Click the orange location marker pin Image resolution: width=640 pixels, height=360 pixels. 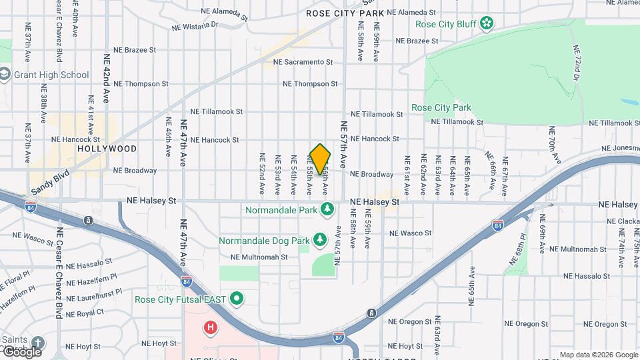tap(320, 159)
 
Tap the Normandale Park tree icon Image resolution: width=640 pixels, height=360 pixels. tap(327, 210)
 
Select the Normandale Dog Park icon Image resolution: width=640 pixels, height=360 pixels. tap(320, 239)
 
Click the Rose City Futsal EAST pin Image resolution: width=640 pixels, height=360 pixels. tap(235, 299)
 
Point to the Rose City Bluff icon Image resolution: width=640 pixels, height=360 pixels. tap(487, 24)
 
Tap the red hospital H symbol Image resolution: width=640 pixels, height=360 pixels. tap(211, 327)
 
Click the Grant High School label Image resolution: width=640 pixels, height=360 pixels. tap(51, 75)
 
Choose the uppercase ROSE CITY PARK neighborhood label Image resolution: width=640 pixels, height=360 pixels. tap(345, 13)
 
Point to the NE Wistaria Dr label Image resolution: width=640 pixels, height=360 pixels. tap(195, 26)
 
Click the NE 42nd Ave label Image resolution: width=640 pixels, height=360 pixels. tap(105, 78)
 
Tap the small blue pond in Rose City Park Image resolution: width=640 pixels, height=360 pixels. tap(630, 103)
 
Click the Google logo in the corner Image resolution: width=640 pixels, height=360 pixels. tap(22, 351)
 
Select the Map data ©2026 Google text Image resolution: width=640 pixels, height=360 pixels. tap(598, 355)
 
